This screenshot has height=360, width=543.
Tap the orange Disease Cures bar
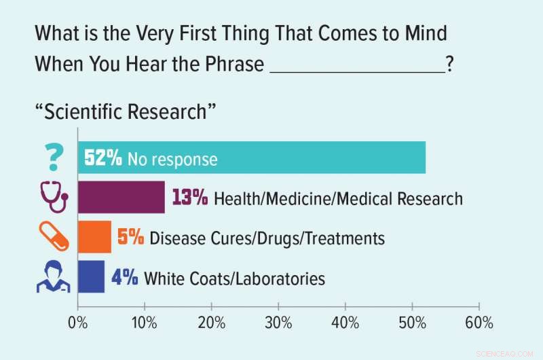pos(94,237)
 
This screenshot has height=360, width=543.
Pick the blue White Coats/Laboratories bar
pos(91,276)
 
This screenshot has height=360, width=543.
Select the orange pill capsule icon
pos(53,237)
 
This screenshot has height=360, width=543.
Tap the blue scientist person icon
pos(53,276)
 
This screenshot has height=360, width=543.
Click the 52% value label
pos(102,159)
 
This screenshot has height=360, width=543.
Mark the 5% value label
pos(130,238)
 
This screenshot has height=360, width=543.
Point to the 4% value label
pos(125,277)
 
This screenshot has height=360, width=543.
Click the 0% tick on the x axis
pos(78,323)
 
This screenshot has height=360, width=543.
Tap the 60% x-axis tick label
pos(479,323)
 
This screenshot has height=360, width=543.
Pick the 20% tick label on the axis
pos(212,323)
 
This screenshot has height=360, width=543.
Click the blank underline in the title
pos(357,68)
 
